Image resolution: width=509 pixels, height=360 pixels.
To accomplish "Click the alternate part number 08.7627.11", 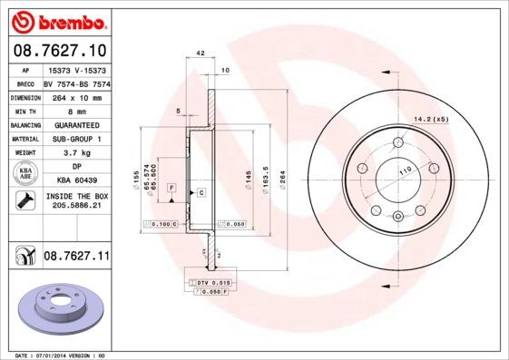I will tap(76, 258).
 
